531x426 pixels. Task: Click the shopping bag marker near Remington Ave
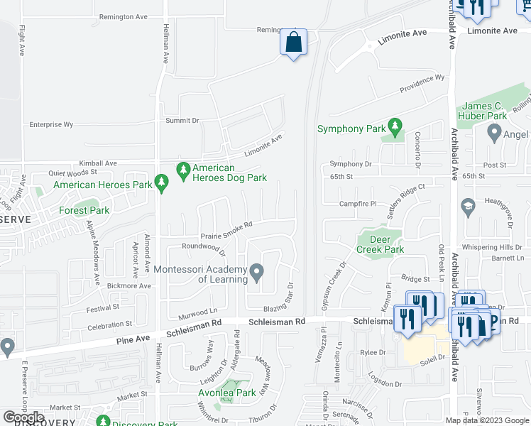point(293,43)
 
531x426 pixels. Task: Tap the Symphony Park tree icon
point(396,129)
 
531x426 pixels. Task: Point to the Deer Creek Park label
point(380,244)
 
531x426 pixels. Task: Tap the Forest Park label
point(84,210)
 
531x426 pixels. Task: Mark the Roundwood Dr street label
point(204,248)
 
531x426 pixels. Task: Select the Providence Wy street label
point(422,84)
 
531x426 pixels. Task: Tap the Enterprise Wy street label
point(51,124)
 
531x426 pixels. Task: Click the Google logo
point(23,417)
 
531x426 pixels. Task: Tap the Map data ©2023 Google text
point(487,420)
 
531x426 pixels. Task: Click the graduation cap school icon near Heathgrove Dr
point(467,207)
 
